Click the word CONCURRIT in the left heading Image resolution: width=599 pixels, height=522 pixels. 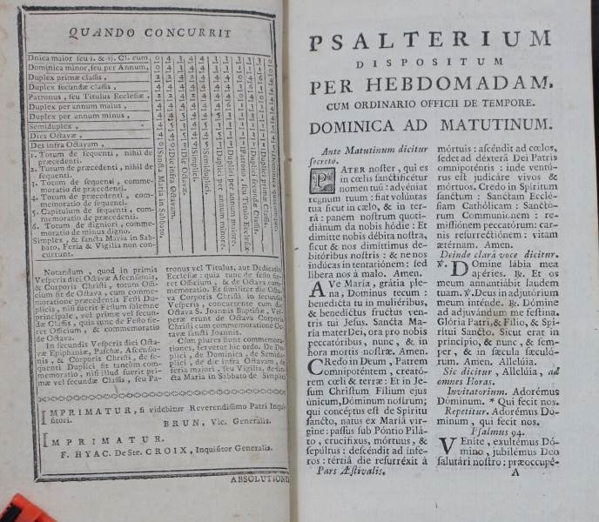point(195,32)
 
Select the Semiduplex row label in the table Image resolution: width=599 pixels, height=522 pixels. point(53,125)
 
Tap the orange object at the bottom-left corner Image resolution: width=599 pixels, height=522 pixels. point(19,509)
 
